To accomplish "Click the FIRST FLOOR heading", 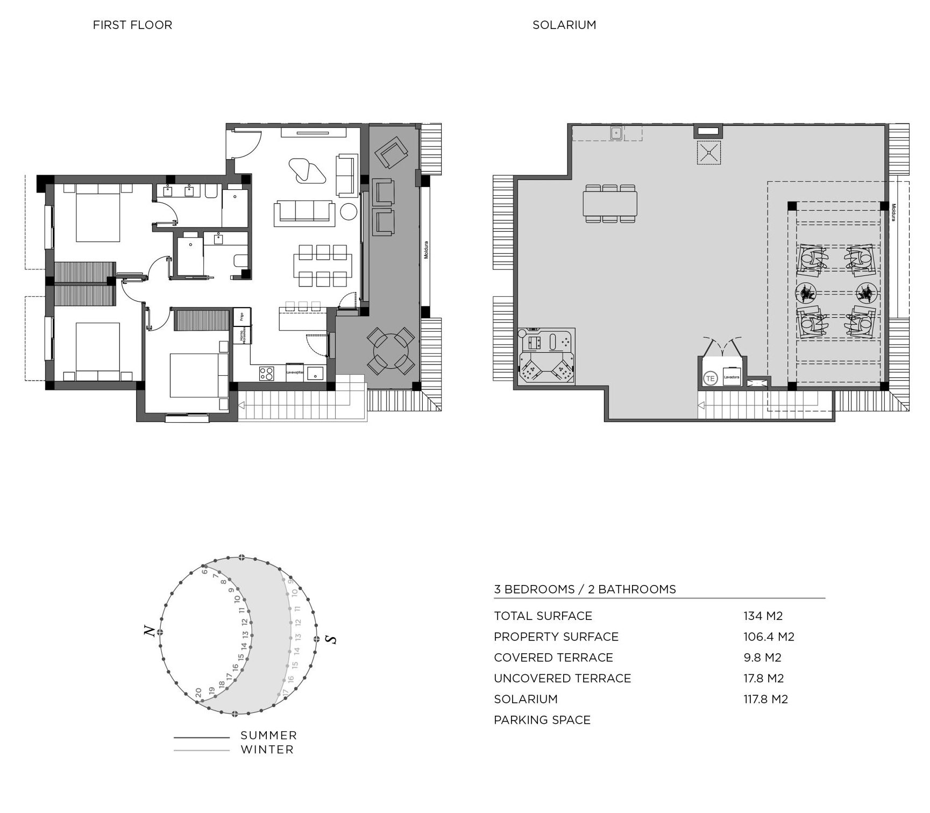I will tap(132, 25).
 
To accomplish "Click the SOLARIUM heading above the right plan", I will tap(564, 25).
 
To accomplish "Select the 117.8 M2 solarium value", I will tap(765, 699).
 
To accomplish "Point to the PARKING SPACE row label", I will tap(542, 720).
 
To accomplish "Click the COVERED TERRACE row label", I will tap(553, 658).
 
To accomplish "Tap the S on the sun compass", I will tap(331, 639).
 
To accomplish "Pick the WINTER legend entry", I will tap(267, 750).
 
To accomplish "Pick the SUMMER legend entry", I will tap(268, 735).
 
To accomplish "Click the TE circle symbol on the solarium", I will tap(710, 379).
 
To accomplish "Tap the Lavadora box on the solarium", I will tap(732, 377).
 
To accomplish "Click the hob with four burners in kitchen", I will tap(267, 373).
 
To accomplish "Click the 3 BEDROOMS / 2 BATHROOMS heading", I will tap(585, 589).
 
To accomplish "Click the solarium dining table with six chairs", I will tap(610, 204).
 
